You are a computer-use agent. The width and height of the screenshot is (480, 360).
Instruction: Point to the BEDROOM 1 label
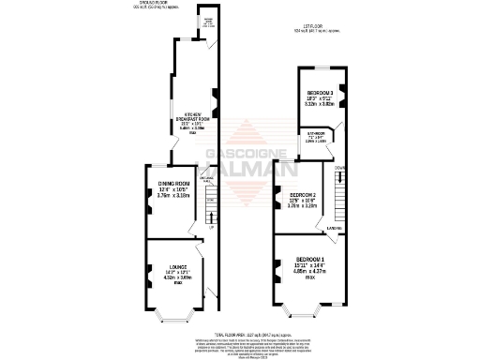[311, 259]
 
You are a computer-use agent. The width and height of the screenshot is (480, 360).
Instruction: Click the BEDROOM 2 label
[302, 194]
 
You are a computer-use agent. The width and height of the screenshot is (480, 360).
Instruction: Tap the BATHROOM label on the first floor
[315, 133]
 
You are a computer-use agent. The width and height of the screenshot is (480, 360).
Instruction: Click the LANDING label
[333, 228]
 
